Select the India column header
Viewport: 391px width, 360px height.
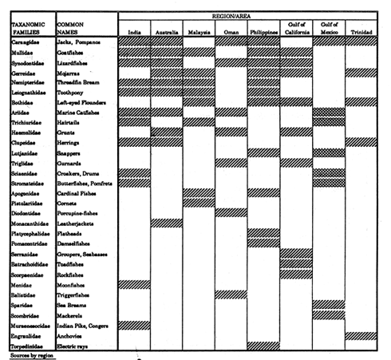[x=135, y=33]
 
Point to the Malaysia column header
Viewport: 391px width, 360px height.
[x=199, y=33]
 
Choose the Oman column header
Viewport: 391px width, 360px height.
[x=231, y=33]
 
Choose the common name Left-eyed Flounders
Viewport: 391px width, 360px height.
[x=84, y=102]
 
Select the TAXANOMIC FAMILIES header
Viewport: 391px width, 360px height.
[x=29, y=30]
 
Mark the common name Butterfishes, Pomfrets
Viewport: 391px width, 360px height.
[x=89, y=183]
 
